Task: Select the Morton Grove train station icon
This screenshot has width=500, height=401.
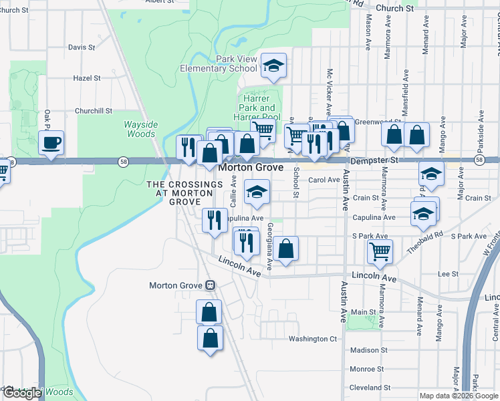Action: point(210,285)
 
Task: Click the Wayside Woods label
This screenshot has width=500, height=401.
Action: point(140,129)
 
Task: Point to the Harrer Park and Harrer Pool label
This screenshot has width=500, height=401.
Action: point(257,108)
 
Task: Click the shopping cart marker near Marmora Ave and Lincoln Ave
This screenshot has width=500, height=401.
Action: point(380,252)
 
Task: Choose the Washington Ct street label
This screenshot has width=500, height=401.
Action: point(313,339)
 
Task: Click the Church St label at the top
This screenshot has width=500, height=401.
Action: point(390,9)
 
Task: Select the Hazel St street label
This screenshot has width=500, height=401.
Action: point(87,78)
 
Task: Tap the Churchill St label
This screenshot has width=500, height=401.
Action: point(94,111)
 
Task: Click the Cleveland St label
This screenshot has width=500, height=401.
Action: point(370,388)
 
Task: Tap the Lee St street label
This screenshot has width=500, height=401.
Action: point(447,274)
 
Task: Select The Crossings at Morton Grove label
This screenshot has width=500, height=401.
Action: point(184,192)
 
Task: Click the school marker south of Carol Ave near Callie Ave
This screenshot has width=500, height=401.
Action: point(257,192)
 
